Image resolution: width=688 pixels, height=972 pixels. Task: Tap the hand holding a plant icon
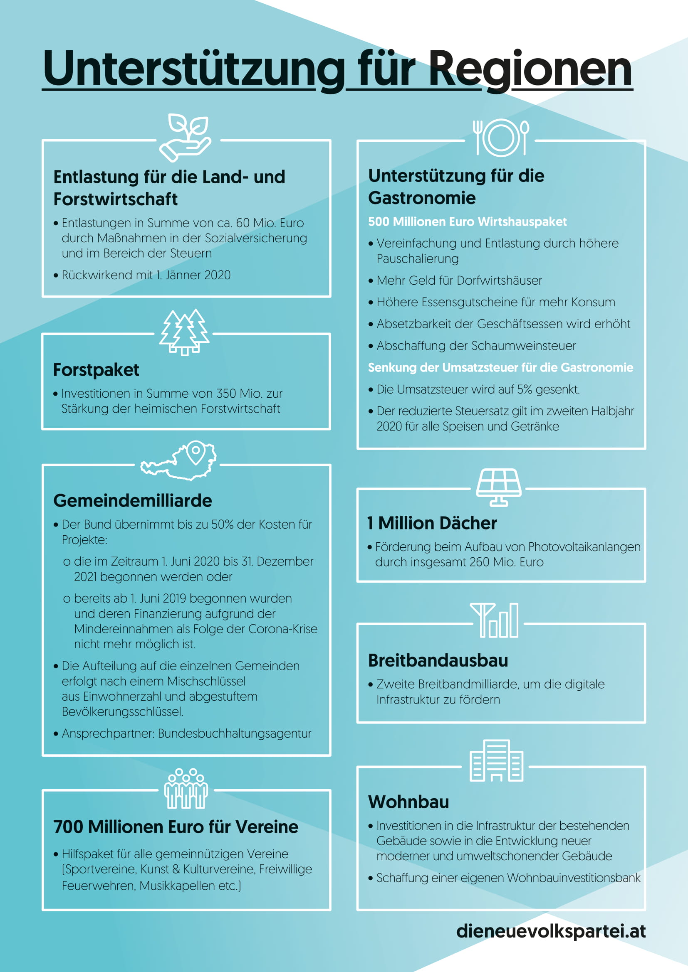coord(186,137)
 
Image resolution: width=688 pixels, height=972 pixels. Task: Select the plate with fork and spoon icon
coord(501,138)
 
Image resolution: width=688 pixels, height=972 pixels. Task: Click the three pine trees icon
coord(185,332)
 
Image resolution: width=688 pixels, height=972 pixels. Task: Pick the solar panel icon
coord(499,487)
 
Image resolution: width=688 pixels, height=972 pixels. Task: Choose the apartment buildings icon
coord(497,761)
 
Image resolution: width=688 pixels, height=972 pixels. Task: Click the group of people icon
coord(186,788)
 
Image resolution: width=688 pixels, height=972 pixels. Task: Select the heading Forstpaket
coord(96,370)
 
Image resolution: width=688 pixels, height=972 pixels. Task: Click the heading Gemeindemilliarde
coord(133,501)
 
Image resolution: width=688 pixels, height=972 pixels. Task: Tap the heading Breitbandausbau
coord(438,660)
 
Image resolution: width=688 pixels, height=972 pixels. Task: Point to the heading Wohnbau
coord(408,802)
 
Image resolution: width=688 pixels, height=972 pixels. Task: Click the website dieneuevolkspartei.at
coord(551,931)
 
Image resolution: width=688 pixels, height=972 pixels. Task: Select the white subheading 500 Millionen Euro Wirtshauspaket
coord(467,222)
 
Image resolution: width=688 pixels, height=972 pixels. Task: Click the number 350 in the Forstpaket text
coord(226,394)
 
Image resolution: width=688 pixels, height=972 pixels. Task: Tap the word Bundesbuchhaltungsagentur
coord(234,733)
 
